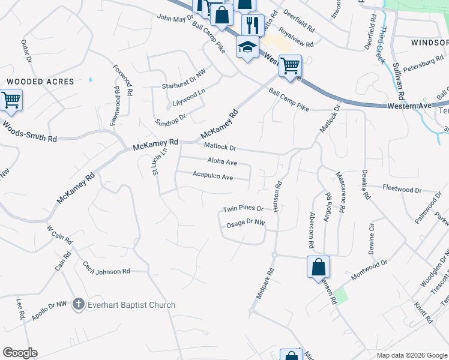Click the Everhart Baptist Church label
click(131, 305)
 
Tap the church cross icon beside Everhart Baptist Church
click(77, 305)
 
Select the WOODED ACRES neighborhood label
click(40, 81)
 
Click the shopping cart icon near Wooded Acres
click(11, 100)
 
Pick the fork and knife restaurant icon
click(251, 25)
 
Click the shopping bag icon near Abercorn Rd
click(318, 267)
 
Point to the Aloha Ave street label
click(222, 162)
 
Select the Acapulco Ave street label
click(212, 176)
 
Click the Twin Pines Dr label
click(243, 209)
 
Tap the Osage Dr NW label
click(246, 223)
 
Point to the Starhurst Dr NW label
click(184, 86)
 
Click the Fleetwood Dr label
click(402, 190)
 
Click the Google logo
click(20, 352)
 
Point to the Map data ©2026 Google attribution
click(411, 355)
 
